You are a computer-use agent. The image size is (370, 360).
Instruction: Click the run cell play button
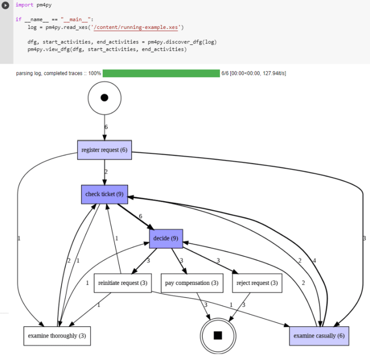pyautogui.click(x=6, y=5)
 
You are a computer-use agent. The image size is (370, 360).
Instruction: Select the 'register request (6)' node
pyautogui.click(x=105, y=150)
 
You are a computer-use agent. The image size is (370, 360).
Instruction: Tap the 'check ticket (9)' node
pyautogui.click(x=105, y=194)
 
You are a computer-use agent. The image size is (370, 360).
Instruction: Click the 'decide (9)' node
pyautogui.click(x=166, y=239)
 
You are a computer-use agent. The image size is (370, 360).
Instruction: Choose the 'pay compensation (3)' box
pyautogui.click(x=192, y=283)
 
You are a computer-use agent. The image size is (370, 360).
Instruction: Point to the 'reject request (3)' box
pyautogui.click(x=257, y=283)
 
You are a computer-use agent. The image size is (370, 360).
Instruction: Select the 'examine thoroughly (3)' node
pyautogui.click(x=57, y=336)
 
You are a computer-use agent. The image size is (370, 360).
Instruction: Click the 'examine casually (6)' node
pyautogui.click(x=319, y=336)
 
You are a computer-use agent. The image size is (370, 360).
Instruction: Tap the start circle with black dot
pyautogui.click(x=105, y=98)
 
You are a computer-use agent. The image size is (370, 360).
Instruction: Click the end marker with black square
pyautogui.click(x=218, y=335)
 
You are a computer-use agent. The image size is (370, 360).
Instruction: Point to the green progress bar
pyautogui.click(x=161, y=73)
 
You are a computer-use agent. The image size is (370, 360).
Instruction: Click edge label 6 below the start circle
pyautogui.click(x=106, y=127)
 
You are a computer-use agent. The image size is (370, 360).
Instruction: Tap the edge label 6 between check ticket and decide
pyautogui.click(x=141, y=216)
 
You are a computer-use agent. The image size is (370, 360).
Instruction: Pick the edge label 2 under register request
pyautogui.click(x=106, y=172)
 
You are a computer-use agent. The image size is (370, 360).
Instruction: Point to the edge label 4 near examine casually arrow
pyautogui.click(x=315, y=261)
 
